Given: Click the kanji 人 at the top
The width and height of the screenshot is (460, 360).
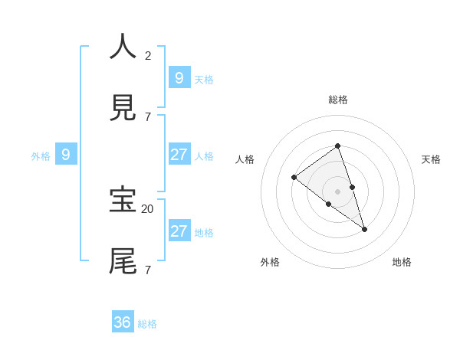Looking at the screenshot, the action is tap(123, 46).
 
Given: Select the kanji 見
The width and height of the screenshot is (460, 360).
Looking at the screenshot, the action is tap(123, 108).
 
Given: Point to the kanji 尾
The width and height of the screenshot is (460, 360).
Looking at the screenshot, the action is tap(123, 260).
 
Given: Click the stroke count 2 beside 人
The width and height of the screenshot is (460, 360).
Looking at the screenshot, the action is tap(148, 55).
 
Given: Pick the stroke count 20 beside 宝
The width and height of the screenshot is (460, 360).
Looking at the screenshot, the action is tap(147, 208).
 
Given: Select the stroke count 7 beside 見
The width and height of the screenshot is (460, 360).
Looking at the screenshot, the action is tap(148, 116).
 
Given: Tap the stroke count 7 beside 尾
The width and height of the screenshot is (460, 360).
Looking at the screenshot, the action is tap(148, 270).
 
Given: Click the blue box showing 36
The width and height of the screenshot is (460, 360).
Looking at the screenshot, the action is tap(123, 322).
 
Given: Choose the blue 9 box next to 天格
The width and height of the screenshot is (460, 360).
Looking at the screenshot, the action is tap(179, 77).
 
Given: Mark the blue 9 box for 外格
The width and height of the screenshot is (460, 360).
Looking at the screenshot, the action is tap(66, 155).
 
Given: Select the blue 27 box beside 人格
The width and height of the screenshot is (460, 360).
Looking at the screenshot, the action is tap(179, 154).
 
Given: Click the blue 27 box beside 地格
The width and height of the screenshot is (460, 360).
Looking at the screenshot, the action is tap(179, 231).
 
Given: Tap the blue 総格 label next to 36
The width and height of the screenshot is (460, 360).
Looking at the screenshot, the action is tap(147, 324).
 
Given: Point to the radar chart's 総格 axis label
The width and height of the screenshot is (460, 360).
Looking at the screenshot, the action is tap(337, 100).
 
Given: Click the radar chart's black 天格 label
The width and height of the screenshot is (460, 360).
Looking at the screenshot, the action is tap(431, 159).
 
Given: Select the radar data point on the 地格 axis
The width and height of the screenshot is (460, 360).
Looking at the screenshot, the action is tap(364, 229).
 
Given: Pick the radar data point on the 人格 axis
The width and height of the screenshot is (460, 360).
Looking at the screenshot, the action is tap(294, 178).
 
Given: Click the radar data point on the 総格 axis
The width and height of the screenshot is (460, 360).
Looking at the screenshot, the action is tap(337, 146).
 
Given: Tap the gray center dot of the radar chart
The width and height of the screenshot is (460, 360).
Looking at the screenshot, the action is tap(337, 191).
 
